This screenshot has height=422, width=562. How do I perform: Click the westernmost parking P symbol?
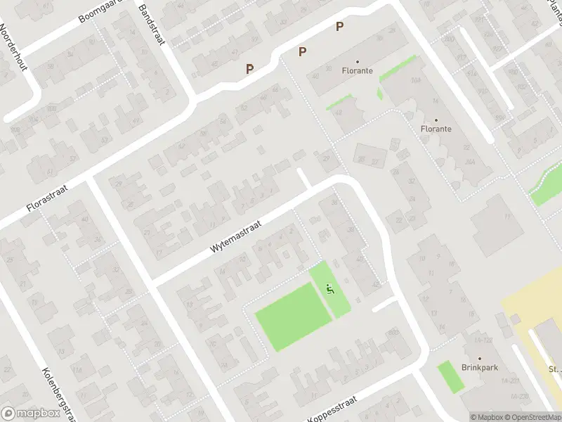click(249, 69)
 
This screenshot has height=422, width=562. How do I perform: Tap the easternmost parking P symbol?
click(340, 27)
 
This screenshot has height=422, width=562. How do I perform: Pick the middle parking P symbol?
click(303, 51)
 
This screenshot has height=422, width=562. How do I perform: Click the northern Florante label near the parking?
click(357, 71)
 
